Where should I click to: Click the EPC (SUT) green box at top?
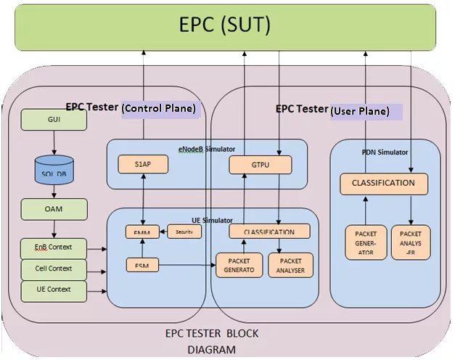tap(225, 27)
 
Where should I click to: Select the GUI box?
tap(54, 120)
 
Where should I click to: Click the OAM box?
tap(54, 210)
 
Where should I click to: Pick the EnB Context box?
tap(54, 248)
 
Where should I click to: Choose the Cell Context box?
tap(54, 269)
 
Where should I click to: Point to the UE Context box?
tap(54, 290)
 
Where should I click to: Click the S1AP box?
tap(143, 165)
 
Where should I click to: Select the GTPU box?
tap(260, 165)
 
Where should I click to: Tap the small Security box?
tap(185, 232)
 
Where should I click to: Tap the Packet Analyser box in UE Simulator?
tap(290, 265)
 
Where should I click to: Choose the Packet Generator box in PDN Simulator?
tap(365, 243)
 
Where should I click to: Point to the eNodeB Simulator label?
tap(206, 149)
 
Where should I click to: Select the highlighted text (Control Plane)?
tap(158, 108)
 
